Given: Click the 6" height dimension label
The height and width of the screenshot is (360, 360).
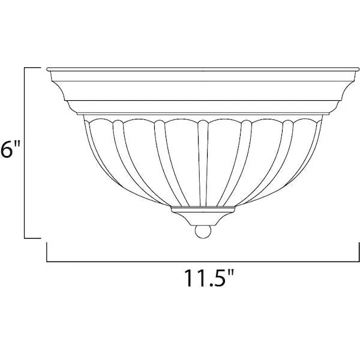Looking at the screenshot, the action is pos(10,149).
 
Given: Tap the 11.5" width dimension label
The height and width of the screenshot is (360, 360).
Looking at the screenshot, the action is pos(209,278).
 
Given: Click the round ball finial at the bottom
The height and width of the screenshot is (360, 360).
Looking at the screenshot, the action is pos(203,232).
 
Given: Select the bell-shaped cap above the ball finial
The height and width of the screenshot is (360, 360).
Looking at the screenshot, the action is pos(203,218).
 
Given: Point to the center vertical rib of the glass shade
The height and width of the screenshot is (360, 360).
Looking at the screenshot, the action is pos(203,163).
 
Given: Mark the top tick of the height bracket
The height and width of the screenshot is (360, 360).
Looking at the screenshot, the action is pos(32,68).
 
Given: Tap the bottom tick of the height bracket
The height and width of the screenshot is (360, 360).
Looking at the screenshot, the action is pos(32,238).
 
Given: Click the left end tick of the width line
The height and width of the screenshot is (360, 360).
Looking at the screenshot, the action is pos(47,252).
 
